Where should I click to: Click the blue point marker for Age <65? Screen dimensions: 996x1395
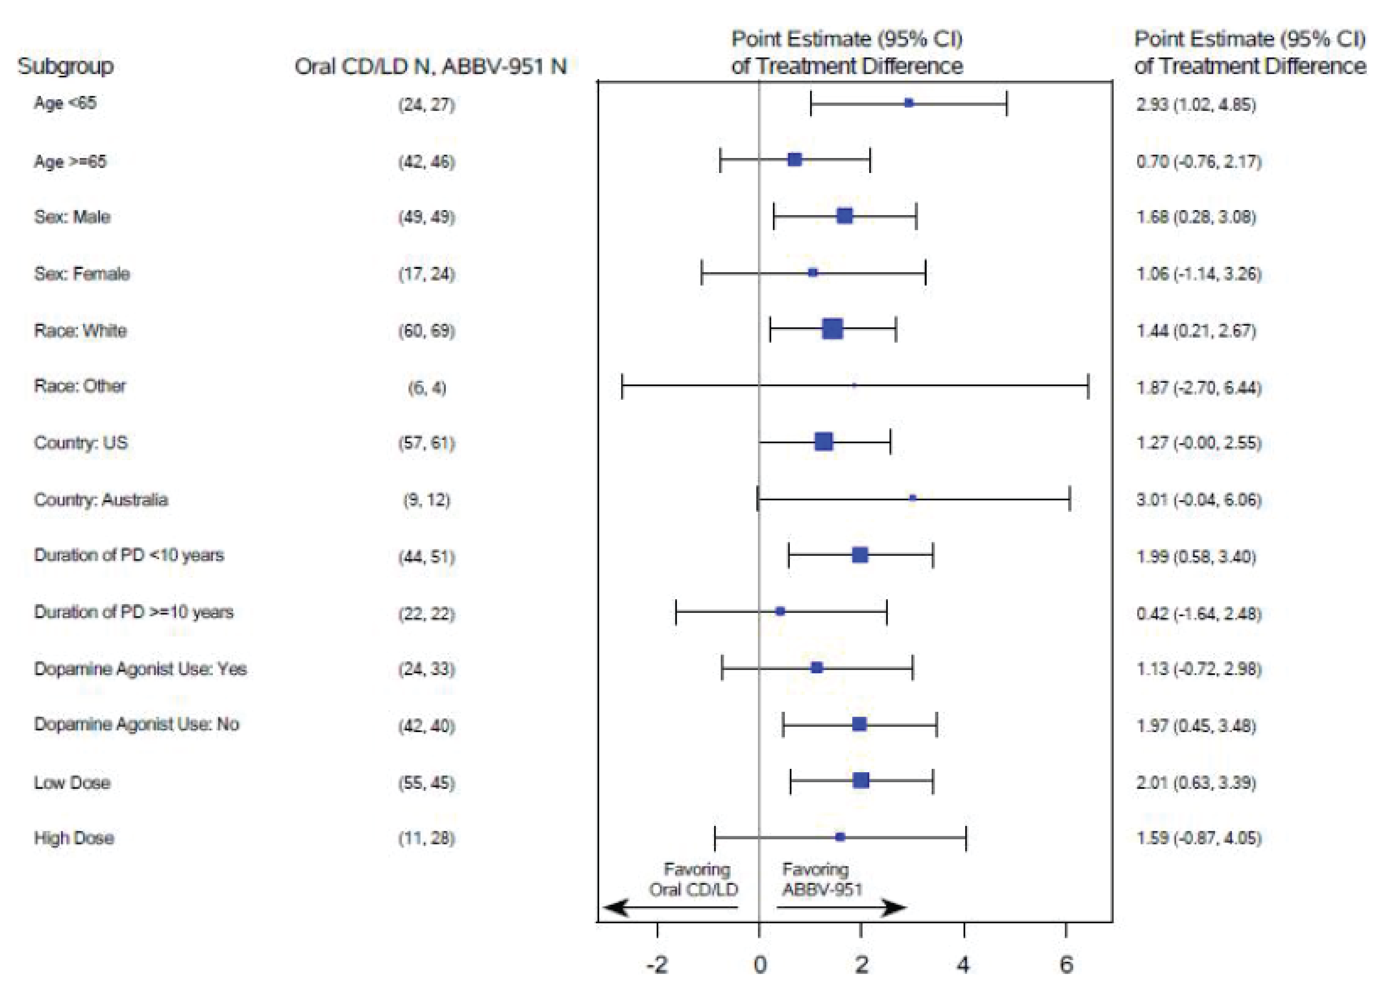[908, 103]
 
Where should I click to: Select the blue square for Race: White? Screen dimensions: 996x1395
[832, 329]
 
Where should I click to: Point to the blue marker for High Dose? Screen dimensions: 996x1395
[840, 837]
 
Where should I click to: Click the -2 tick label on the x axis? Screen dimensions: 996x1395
[657, 965]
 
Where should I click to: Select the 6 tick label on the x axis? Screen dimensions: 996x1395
[1066, 965]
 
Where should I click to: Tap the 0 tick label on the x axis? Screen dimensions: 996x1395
[760, 965]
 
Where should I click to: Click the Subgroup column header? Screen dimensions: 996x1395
[66, 66]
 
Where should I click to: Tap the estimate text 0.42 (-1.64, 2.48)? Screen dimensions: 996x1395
[1198, 613]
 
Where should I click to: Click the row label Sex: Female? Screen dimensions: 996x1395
[82, 274]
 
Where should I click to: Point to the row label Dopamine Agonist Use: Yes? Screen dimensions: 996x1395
[140, 669]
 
